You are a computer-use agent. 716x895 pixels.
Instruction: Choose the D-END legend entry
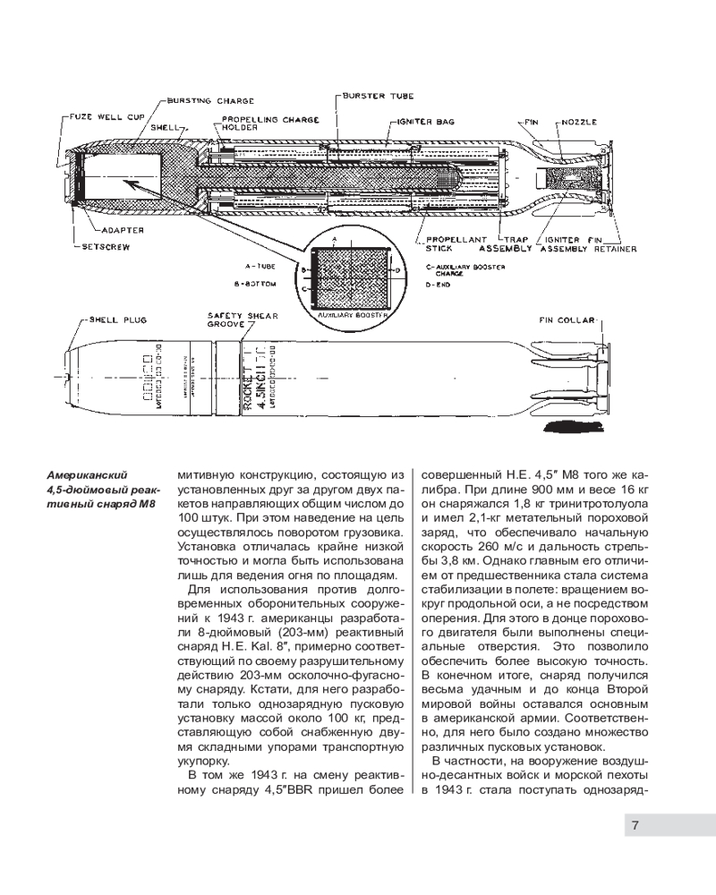439,284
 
